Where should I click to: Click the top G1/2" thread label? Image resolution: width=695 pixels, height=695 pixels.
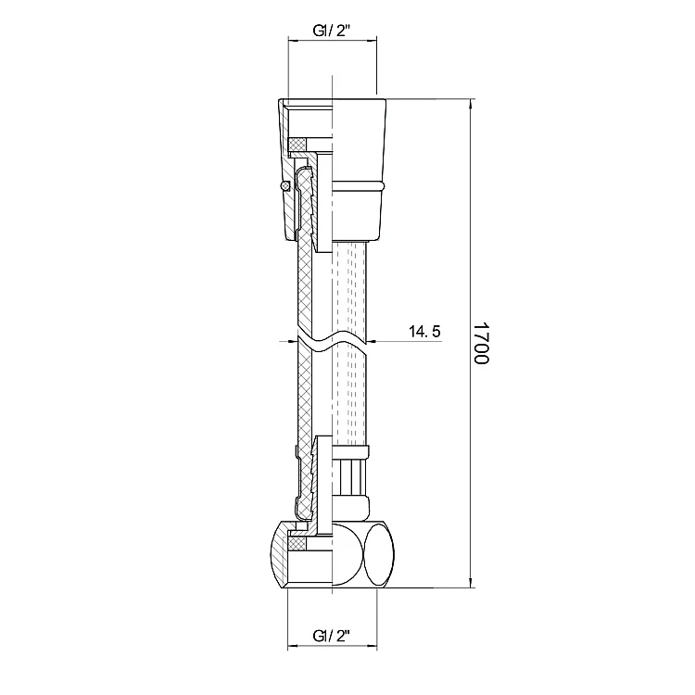point(332,31)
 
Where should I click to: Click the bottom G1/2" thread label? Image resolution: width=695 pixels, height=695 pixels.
point(332,636)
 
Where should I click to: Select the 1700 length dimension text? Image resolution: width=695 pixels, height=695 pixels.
point(481,343)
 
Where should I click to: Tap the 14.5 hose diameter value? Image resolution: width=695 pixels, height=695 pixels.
point(424,331)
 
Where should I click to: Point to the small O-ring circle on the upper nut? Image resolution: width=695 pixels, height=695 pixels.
point(284,186)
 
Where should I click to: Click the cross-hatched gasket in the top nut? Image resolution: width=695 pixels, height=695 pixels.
point(297,144)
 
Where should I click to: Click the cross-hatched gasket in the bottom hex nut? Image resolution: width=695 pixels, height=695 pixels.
point(297,543)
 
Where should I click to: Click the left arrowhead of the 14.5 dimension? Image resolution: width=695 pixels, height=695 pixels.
point(292,341)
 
